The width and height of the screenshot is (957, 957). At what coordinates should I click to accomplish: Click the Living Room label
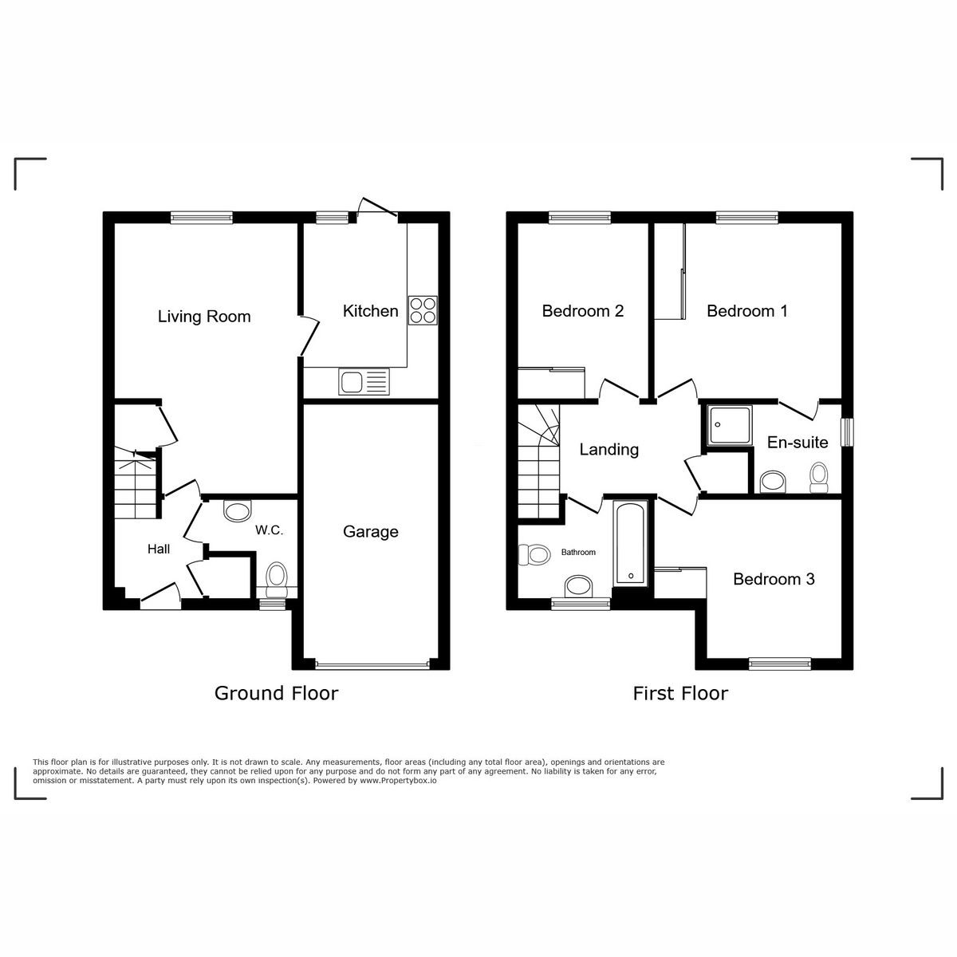click(x=204, y=317)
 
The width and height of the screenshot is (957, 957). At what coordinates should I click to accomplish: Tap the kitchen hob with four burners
click(x=423, y=310)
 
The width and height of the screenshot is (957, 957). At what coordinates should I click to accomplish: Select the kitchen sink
click(x=364, y=382)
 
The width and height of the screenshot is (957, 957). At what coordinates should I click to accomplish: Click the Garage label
click(x=370, y=532)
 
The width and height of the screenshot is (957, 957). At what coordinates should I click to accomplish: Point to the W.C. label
click(x=269, y=530)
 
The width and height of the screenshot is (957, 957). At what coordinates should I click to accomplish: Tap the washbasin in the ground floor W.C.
click(x=237, y=510)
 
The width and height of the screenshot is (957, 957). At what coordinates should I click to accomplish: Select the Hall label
click(x=159, y=549)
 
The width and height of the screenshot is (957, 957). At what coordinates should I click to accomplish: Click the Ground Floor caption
click(x=276, y=693)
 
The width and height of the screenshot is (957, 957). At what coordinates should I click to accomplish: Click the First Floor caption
click(x=680, y=693)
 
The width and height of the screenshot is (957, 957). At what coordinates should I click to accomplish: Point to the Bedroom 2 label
click(x=582, y=311)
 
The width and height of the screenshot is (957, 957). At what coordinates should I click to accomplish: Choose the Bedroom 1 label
click(x=747, y=311)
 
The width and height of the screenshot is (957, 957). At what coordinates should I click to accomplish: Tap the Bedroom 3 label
click(x=774, y=579)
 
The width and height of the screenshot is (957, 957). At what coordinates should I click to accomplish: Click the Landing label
click(x=608, y=450)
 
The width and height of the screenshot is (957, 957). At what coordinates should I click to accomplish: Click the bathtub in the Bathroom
click(x=630, y=543)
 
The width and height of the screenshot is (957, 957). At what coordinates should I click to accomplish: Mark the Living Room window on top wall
click(x=201, y=216)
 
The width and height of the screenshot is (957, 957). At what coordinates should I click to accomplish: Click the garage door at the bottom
click(x=372, y=664)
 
